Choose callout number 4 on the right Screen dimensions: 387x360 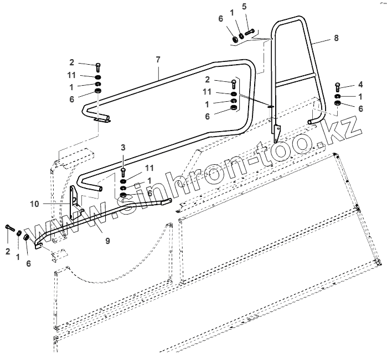360,84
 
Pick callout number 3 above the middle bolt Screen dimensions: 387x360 123,147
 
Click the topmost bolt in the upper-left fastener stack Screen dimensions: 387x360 98,67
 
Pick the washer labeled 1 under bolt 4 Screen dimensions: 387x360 337,96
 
